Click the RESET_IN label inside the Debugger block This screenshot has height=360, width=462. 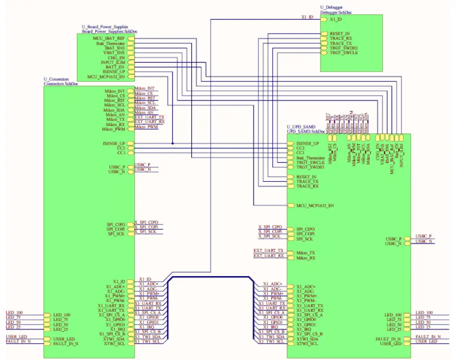coord(340,33)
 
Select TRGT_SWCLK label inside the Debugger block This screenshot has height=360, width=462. coord(344,53)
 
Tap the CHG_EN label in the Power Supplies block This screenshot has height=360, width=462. coord(116,58)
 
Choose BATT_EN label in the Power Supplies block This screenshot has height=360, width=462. coord(115,67)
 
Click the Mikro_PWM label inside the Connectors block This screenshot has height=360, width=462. coord(113,130)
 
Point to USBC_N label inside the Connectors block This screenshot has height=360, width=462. coord(116,172)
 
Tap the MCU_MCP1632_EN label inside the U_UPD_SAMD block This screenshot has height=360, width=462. coord(315,205)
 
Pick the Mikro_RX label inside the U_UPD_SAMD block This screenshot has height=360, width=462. coord(306,258)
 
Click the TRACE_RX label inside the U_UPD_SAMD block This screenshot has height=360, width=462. coord(307,186)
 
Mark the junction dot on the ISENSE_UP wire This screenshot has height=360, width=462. coord(172,143)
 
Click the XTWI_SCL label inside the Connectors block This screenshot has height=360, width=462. coord(114,343)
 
